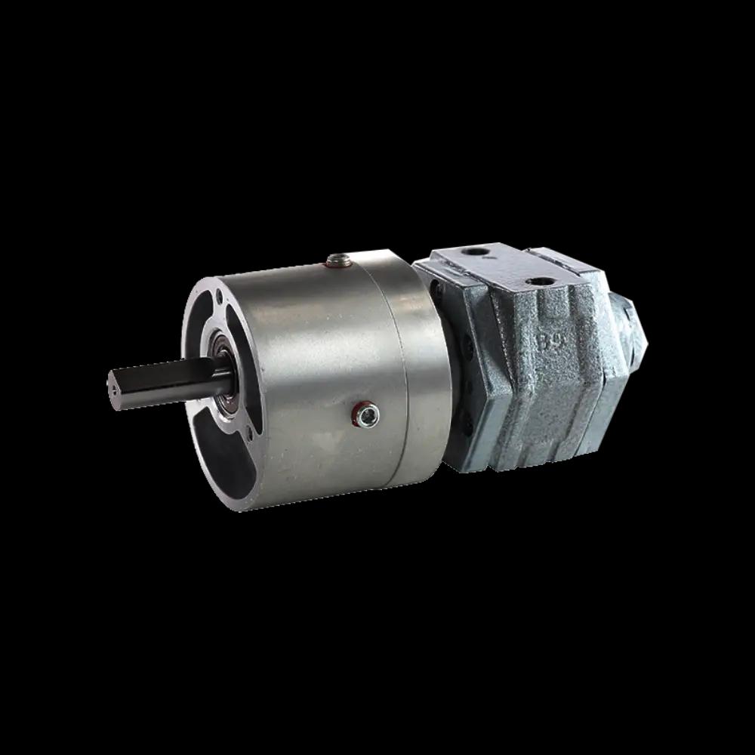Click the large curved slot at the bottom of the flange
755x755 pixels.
[x=211, y=461]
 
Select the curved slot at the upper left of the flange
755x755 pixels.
[x=198, y=317]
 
